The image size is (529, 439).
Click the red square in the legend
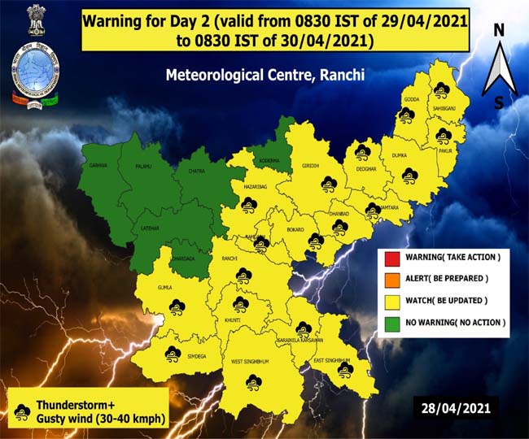pos(391,258)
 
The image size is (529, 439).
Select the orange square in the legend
pos(391,279)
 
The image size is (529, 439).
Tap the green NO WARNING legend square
pos(391,323)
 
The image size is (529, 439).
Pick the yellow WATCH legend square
pos(391,301)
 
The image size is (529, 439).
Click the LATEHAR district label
pos(150,228)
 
